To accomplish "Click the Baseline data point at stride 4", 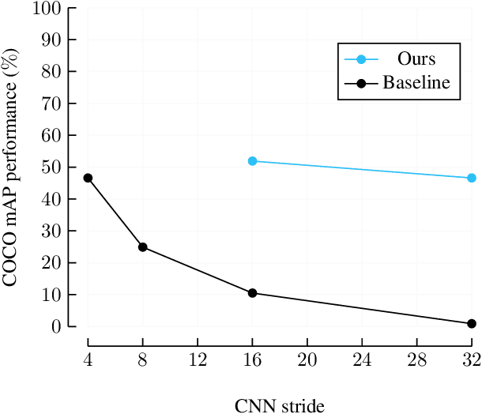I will [88, 178].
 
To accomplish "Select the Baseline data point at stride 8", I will [143, 247].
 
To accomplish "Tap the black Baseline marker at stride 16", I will [252, 293].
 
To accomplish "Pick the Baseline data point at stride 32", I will [472, 323].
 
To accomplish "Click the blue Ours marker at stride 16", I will [252, 161].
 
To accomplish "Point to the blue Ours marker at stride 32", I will [472, 178].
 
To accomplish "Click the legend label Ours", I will [416, 59].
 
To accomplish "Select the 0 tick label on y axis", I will [56, 326].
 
